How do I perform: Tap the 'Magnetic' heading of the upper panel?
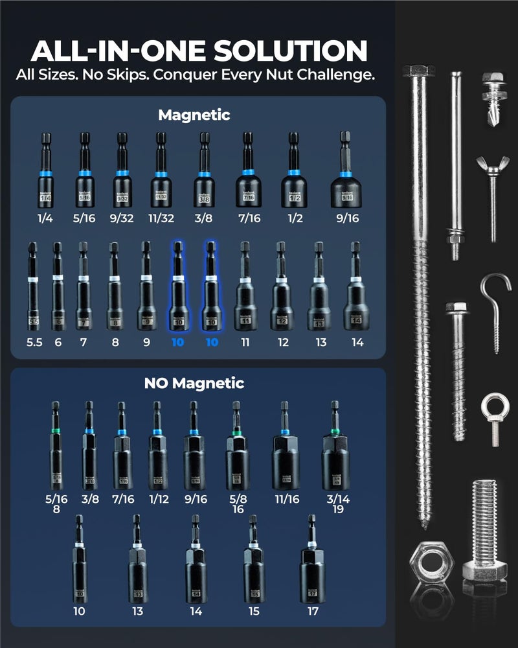click(x=194, y=115)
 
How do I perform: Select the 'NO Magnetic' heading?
click(x=194, y=383)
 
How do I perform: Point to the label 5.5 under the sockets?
click(x=34, y=342)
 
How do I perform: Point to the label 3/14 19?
click(x=335, y=503)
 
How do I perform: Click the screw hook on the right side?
click(x=495, y=311)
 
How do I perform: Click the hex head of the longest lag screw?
click(x=418, y=73)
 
